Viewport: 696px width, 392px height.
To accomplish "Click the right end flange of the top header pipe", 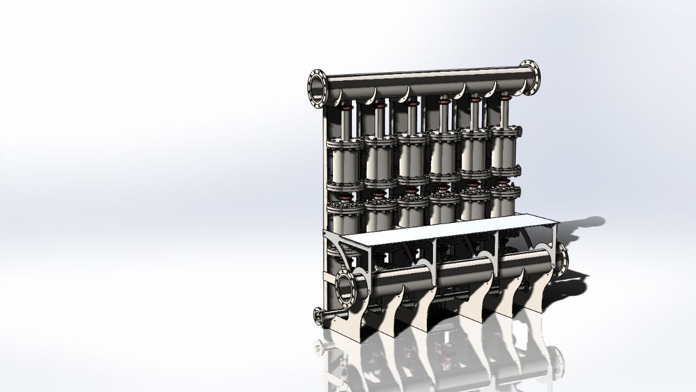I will tap(530, 77).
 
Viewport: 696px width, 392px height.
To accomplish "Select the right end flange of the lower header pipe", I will tap(561, 258).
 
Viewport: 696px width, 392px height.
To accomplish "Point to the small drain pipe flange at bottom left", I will tap(319, 316).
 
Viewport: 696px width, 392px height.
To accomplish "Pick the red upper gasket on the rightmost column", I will tap(505, 96).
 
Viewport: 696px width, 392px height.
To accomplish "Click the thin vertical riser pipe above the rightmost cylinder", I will tap(505, 113).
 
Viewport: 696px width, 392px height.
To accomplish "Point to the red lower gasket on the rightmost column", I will tap(504, 183).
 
